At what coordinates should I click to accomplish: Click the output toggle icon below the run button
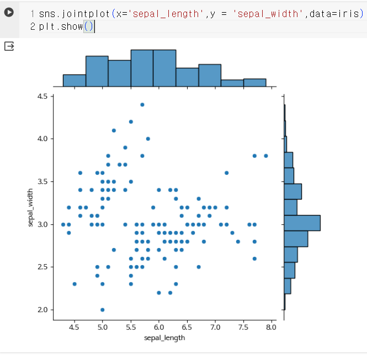(9, 46)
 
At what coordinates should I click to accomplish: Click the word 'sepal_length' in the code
(155, 14)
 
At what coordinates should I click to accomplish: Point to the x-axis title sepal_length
(164, 337)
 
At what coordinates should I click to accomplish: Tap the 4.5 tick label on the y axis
(42, 96)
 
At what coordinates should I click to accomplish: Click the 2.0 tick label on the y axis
(42, 309)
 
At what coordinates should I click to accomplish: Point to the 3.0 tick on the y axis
(42, 224)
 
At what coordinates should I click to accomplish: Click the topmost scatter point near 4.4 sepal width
(142, 104)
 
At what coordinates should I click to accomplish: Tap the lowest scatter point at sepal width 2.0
(103, 309)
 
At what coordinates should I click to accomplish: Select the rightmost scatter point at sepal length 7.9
(265, 155)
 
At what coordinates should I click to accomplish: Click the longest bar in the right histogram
(302, 223)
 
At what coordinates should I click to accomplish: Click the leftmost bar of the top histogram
(74, 80)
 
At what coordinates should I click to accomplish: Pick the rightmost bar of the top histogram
(254, 83)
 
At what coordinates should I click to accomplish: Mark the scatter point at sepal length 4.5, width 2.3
(75, 284)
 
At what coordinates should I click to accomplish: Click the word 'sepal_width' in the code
(270, 14)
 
